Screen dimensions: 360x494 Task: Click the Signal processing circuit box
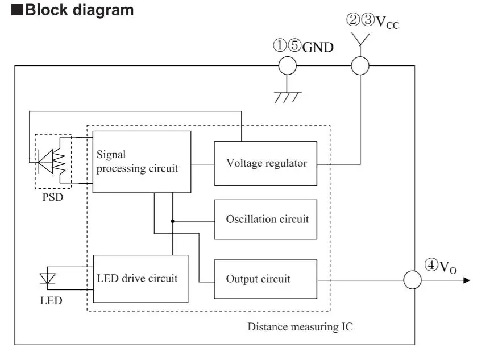(x=142, y=162)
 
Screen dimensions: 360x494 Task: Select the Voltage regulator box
(x=265, y=163)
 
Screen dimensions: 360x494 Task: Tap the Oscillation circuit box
(x=265, y=219)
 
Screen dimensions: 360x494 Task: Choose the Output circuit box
(x=265, y=279)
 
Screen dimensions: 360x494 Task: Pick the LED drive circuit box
(x=140, y=279)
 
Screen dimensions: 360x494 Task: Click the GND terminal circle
(x=287, y=66)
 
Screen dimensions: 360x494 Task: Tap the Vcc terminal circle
(x=360, y=66)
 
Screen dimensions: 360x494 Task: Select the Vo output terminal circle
(x=412, y=280)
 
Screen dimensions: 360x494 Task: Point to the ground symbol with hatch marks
(x=287, y=96)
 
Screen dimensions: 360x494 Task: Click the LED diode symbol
(x=48, y=279)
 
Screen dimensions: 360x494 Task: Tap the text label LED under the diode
(x=51, y=300)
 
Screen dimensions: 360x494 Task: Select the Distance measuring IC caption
(x=300, y=327)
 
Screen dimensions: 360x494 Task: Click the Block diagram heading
(x=80, y=10)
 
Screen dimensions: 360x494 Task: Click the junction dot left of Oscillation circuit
(x=172, y=220)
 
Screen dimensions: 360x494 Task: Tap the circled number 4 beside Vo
(x=430, y=264)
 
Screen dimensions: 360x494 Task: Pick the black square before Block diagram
(x=16, y=10)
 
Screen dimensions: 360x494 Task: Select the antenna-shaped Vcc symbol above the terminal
(x=360, y=39)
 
